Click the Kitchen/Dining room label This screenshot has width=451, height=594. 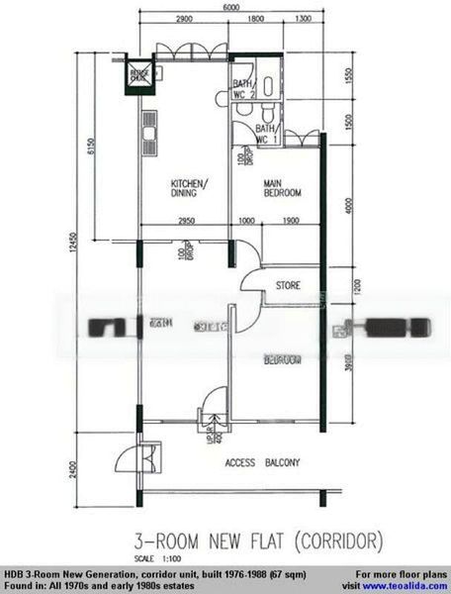click(x=188, y=188)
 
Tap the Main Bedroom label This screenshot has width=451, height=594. click(x=282, y=188)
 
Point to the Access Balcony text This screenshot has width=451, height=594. click(x=262, y=462)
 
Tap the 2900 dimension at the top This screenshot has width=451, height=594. click(x=181, y=19)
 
